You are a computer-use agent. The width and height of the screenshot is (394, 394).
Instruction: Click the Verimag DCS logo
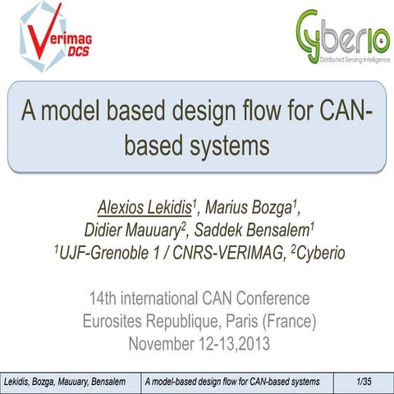tap(51, 39)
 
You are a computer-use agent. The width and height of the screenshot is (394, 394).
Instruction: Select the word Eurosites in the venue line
tap(106, 320)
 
